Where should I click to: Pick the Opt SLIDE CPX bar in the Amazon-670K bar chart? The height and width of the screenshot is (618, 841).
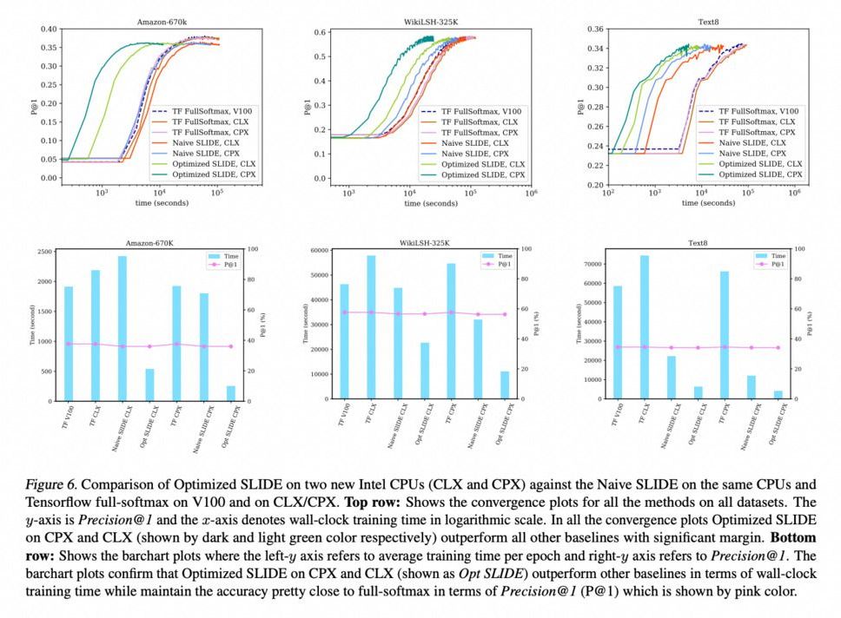[231, 393]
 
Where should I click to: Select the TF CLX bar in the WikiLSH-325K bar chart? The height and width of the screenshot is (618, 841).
[371, 326]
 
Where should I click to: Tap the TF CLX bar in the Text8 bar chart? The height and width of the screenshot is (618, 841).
[645, 326]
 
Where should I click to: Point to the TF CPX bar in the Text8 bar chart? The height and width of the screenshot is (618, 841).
[724, 335]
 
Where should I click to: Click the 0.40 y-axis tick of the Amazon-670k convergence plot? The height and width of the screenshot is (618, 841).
[49, 30]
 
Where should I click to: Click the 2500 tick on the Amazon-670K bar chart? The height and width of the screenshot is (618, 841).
[42, 252]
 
